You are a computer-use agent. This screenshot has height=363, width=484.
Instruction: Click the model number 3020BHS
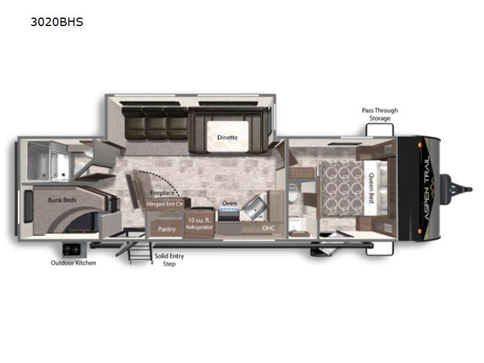pyautogui.click(x=57, y=22)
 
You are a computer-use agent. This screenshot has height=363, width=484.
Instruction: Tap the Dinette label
pyautogui.click(x=227, y=137)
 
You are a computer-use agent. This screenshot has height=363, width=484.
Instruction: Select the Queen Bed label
pyautogui.click(x=371, y=188)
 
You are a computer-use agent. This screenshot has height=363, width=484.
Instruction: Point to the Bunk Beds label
pyautogui.click(x=62, y=200)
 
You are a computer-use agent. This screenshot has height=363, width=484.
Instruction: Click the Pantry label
pyautogui.click(x=167, y=229)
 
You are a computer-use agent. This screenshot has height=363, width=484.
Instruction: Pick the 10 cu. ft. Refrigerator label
pyautogui.click(x=200, y=223)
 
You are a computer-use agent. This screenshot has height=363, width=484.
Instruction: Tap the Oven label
pyautogui.click(x=229, y=203)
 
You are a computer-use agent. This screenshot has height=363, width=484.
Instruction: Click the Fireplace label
pyautogui.click(x=162, y=193)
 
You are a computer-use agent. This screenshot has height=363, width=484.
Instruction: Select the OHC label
pyautogui.click(x=268, y=228)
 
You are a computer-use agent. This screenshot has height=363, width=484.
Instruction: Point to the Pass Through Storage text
pyautogui.click(x=380, y=114)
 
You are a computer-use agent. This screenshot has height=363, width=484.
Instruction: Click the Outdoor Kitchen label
pyautogui.click(x=73, y=263)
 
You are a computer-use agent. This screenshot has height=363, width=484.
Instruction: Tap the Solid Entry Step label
pyautogui.click(x=169, y=260)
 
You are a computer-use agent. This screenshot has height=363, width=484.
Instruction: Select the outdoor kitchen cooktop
pyautogui.click(x=71, y=249)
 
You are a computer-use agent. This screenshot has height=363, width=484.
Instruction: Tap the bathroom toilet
pyautogui.click(x=293, y=192)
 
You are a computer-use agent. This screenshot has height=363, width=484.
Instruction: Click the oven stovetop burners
pyautogui.click(x=229, y=211)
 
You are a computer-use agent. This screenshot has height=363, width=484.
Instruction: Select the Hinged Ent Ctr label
pyautogui.click(x=165, y=204)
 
